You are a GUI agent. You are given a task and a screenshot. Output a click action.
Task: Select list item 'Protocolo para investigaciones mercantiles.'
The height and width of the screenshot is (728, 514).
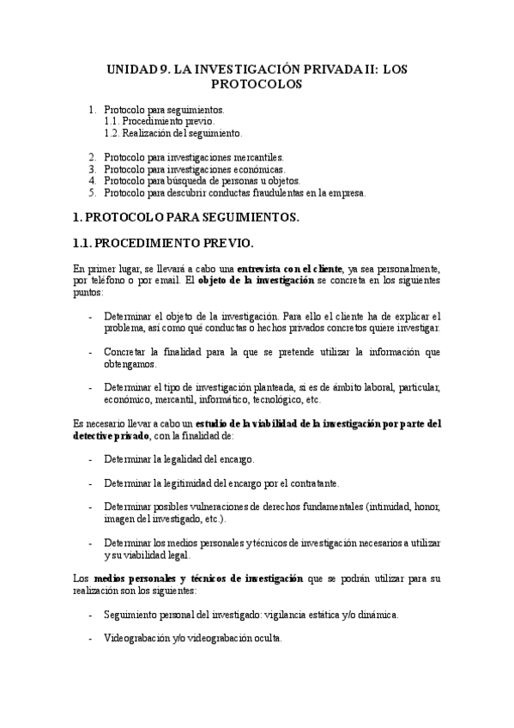point(193,158)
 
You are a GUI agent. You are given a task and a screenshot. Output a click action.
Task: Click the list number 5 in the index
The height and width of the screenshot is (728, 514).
point(93,192)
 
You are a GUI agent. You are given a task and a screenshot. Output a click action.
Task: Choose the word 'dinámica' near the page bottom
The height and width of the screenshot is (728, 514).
point(377,616)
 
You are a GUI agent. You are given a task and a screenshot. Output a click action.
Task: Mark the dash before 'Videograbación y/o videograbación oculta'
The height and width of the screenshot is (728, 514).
point(92,640)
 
